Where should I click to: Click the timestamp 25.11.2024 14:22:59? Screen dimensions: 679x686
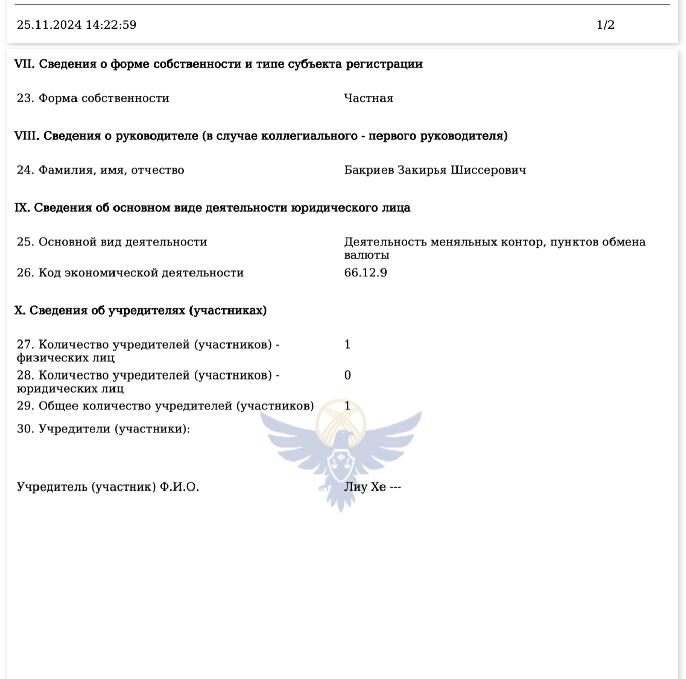click(x=77, y=25)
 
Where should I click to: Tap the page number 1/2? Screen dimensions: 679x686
click(x=605, y=25)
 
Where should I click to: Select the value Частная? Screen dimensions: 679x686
click(x=368, y=98)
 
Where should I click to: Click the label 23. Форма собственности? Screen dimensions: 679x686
click(x=93, y=98)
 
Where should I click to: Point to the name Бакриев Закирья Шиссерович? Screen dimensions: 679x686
click(x=435, y=170)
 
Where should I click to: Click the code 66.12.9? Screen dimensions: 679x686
click(x=365, y=273)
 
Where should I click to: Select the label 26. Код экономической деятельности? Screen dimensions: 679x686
click(x=130, y=273)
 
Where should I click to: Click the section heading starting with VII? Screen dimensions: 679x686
click(x=218, y=64)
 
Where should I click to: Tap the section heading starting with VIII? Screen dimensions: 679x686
click(x=260, y=136)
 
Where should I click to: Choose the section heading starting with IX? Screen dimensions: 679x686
click(x=212, y=208)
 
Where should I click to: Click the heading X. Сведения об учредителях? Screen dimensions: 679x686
click(x=140, y=311)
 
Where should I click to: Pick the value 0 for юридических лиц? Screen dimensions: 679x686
click(x=347, y=375)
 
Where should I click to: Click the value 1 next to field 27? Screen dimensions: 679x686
click(x=347, y=345)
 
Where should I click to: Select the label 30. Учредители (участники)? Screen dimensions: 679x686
click(x=103, y=429)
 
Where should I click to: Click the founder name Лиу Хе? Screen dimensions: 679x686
click(x=365, y=487)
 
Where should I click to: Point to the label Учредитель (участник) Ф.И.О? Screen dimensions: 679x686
click(x=107, y=487)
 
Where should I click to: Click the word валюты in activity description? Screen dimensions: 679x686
click(x=366, y=255)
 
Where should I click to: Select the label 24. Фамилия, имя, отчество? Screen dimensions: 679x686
click(x=100, y=170)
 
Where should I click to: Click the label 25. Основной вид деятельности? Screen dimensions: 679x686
click(x=112, y=242)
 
